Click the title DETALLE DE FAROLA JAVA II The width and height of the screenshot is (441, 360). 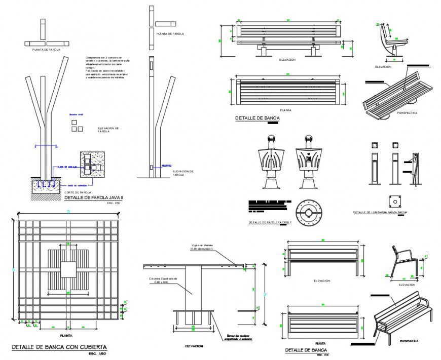(x=93, y=198)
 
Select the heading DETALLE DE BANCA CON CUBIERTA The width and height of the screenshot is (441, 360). (x=59, y=347)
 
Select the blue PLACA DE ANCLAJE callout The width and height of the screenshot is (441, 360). (x=67, y=167)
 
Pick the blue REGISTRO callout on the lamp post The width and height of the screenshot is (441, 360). (x=166, y=166)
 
